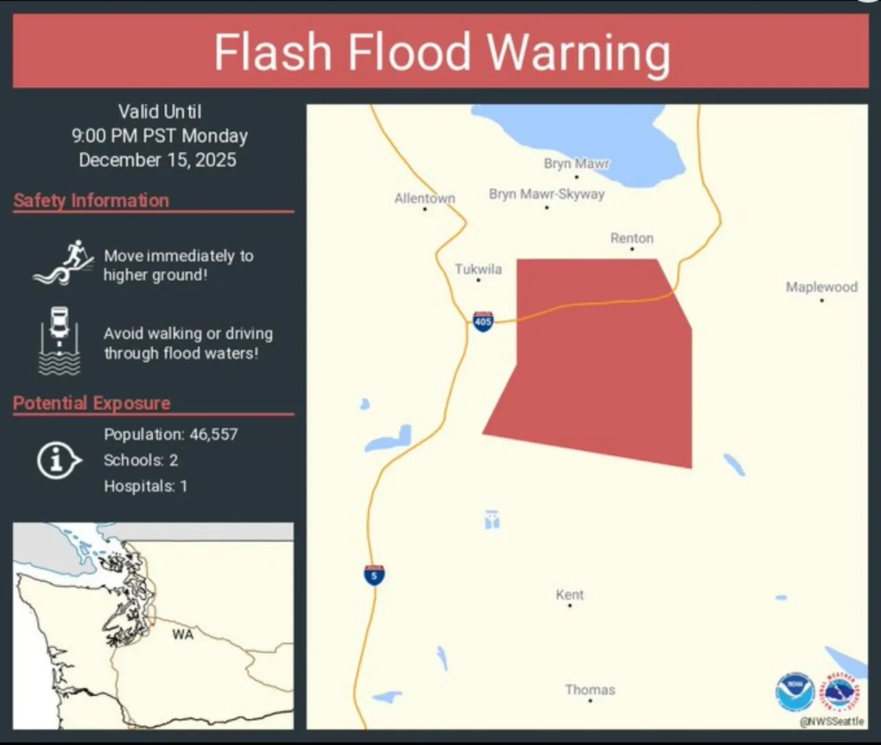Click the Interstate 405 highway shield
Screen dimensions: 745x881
click(x=483, y=321)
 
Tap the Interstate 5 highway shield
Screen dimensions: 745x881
click(x=374, y=575)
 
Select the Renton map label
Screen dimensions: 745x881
click(x=632, y=238)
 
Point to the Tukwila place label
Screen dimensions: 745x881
click(x=478, y=269)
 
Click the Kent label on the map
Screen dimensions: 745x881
click(x=569, y=595)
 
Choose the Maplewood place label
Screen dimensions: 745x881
click(x=821, y=287)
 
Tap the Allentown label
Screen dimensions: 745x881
click(x=425, y=198)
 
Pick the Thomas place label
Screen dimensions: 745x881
click(x=589, y=690)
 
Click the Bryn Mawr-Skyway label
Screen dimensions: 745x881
click(x=547, y=194)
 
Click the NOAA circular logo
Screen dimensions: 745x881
click(x=795, y=692)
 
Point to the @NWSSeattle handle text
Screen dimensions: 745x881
click(x=832, y=722)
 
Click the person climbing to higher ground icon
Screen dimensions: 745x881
click(x=63, y=264)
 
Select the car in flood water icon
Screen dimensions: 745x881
click(x=60, y=341)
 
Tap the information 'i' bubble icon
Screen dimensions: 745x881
click(x=58, y=461)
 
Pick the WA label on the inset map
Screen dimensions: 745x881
click(x=183, y=635)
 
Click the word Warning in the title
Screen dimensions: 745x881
click(x=578, y=52)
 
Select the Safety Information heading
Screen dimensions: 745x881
click(x=91, y=201)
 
